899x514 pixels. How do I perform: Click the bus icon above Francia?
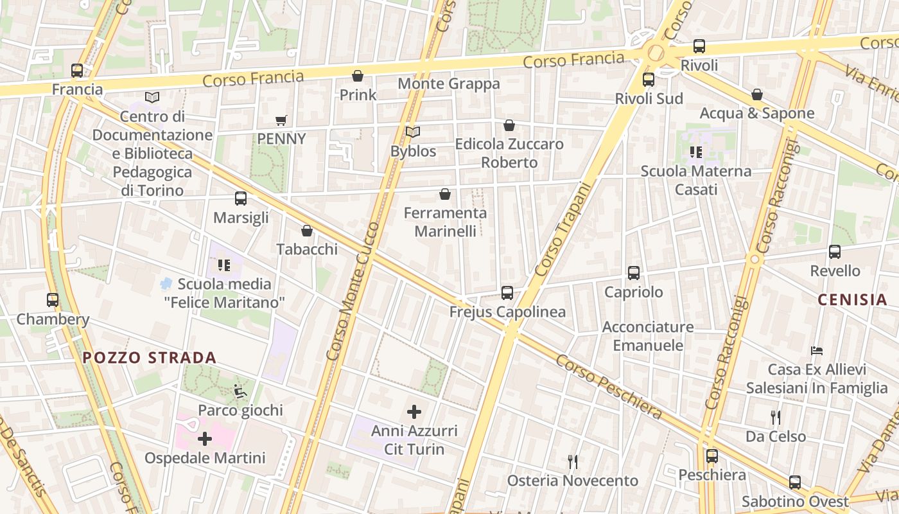tap(77, 71)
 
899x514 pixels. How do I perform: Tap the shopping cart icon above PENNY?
tap(281, 120)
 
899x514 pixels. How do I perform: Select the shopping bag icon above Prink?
tap(358, 76)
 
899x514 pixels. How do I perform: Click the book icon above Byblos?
tap(413, 132)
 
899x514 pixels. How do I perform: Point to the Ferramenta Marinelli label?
tap(445, 222)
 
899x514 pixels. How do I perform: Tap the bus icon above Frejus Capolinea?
tap(507, 293)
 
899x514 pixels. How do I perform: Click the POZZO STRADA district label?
tap(150, 358)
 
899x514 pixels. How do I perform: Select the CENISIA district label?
tap(853, 299)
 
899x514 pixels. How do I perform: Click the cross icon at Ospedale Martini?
tap(205, 439)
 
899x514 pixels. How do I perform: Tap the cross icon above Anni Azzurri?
tap(414, 411)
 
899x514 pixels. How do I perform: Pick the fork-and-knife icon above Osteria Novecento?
tap(573, 461)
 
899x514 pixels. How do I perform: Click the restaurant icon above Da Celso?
tap(776, 418)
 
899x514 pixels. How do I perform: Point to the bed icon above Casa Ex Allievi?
tap(817, 351)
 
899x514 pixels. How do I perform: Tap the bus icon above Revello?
tap(835, 252)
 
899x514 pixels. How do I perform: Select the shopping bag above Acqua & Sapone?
tap(757, 94)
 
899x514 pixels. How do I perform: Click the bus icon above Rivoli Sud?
tap(649, 80)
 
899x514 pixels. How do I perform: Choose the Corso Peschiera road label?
tap(608, 387)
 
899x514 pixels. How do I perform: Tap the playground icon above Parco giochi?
tap(240, 391)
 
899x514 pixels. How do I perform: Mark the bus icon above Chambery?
tap(53, 300)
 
